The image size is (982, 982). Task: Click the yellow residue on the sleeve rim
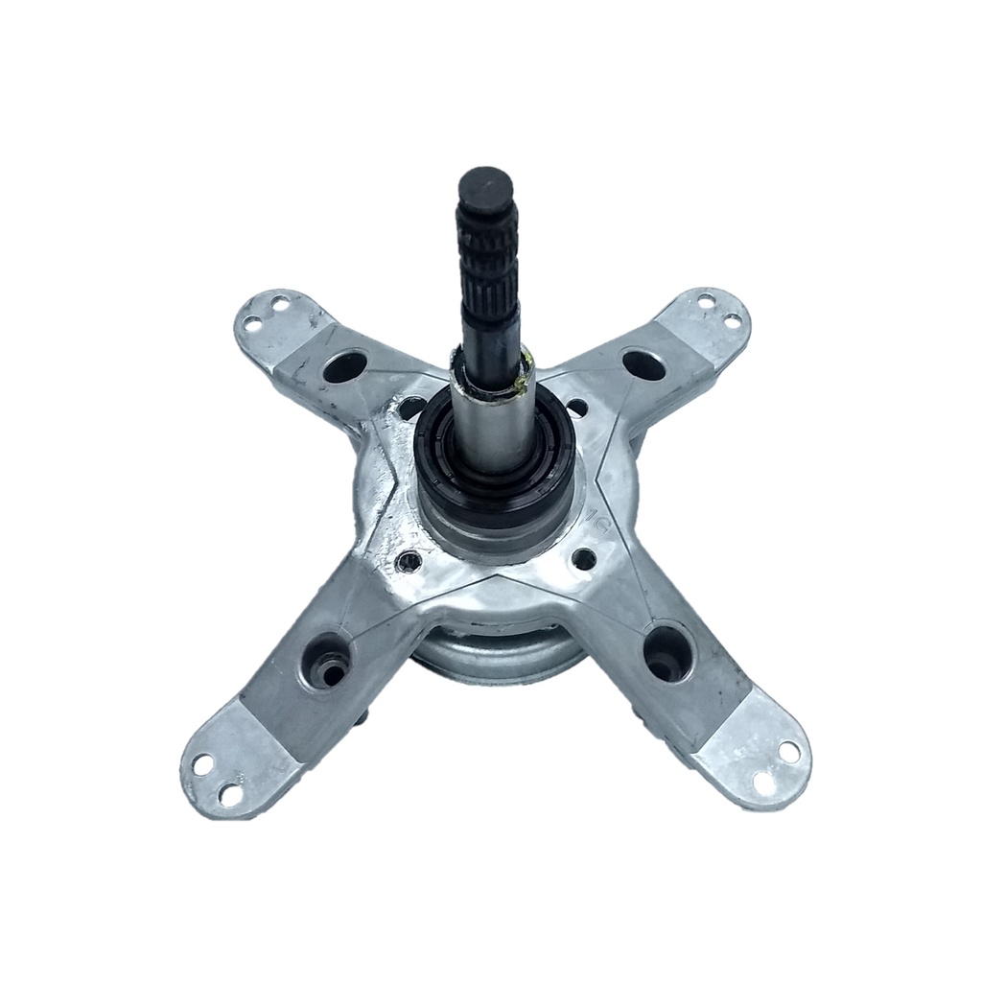(x=524, y=383)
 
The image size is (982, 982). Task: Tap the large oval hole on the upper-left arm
(x=344, y=366)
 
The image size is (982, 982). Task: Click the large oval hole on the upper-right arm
(x=643, y=363)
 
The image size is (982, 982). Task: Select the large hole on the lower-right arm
(x=666, y=653)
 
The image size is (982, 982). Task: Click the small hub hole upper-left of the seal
(x=410, y=409)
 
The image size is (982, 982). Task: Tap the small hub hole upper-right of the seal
(x=576, y=408)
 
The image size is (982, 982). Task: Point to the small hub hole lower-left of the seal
(x=409, y=560)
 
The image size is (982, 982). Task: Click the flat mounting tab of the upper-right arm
(x=711, y=316)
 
